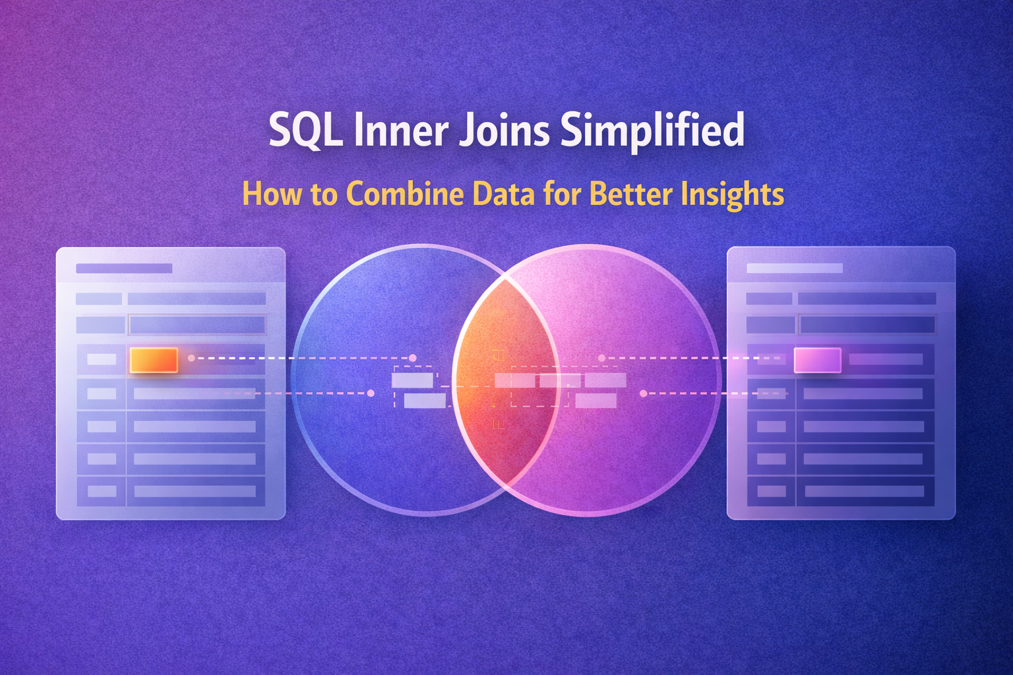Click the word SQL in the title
tap(305, 130)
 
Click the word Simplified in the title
tap(652, 130)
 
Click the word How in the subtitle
tap(265, 194)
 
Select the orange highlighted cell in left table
tap(154, 360)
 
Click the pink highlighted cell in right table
tap(817, 360)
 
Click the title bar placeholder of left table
tap(124, 268)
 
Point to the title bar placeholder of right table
tap(794, 268)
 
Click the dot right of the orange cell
tap(191, 358)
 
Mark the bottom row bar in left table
tap(195, 491)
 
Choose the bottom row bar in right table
tap(864, 491)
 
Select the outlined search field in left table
tap(197, 324)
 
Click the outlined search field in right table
tap(867, 324)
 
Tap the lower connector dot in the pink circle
tap(643, 394)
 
